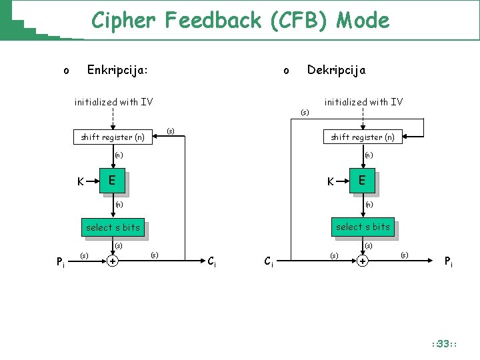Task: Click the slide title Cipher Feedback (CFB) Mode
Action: click(240, 21)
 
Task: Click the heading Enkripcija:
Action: click(118, 69)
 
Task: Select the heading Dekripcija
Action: click(336, 69)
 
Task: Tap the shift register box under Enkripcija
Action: click(113, 137)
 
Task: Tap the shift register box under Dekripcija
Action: click(363, 137)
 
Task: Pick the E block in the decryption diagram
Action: click(362, 180)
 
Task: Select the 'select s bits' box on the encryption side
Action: click(113, 227)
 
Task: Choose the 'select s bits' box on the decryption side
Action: click(363, 227)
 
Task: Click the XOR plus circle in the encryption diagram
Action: click(113, 261)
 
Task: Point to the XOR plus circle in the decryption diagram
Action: click(362, 261)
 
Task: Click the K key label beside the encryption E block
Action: click(81, 181)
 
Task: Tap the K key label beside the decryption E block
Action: click(330, 181)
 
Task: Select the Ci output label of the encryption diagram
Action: click(211, 261)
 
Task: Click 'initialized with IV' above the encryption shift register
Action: click(113, 102)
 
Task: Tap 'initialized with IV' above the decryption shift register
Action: click(363, 102)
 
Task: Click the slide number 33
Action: click(443, 344)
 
